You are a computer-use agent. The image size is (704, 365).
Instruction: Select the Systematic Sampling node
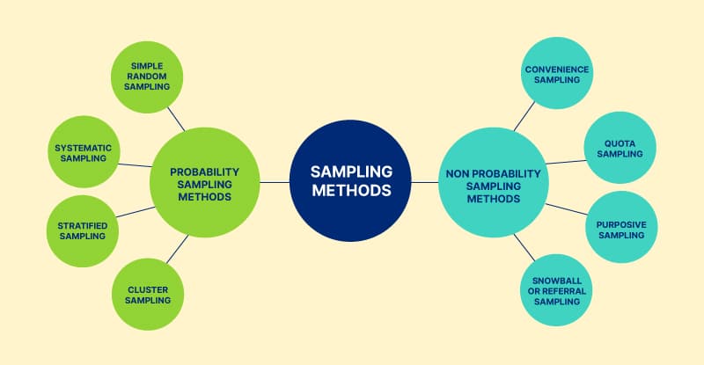click(x=81, y=151)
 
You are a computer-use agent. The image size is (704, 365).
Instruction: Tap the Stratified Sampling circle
click(x=81, y=231)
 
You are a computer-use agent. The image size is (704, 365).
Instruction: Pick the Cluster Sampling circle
click(x=148, y=294)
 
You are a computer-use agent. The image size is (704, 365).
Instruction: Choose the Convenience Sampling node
click(x=556, y=74)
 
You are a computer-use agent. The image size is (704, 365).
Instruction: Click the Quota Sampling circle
click(x=620, y=148)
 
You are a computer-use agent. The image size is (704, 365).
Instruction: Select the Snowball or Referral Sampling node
click(x=556, y=290)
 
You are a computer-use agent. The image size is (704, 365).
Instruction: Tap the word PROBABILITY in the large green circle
click(x=203, y=172)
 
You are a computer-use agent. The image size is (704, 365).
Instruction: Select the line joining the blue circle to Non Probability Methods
click(x=425, y=182)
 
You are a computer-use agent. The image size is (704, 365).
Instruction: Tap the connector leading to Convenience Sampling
click(x=524, y=115)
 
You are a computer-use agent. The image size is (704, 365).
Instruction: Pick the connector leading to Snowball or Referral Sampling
click(x=525, y=248)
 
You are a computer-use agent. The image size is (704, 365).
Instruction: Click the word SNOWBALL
click(x=556, y=280)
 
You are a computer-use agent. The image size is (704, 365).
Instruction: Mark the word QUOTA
click(x=620, y=142)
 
